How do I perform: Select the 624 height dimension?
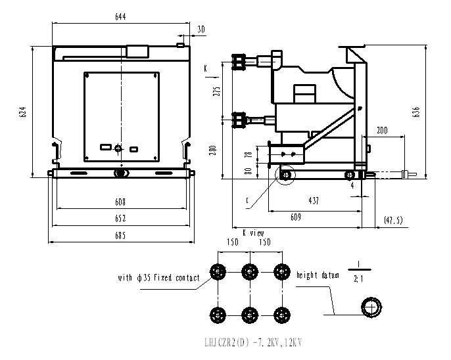pyautogui.click(x=23, y=112)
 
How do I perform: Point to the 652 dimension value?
pyautogui.click(x=119, y=218)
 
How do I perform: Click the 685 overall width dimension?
pyautogui.click(x=119, y=235)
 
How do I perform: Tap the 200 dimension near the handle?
pyautogui.click(x=381, y=131)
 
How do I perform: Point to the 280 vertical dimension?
pyautogui.click(x=212, y=150)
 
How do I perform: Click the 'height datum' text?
pyautogui.click(x=318, y=275)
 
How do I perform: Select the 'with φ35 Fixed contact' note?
pyautogui.click(x=159, y=278)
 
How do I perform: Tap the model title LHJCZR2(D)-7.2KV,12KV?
pyautogui.click(x=254, y=342)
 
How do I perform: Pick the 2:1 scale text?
pyautogui.click(x=358, y=278)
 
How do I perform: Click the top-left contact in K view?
pyautogui.click(x=217, y=271)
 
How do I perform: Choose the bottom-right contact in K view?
pyautogui.click(x=281, y=313)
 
